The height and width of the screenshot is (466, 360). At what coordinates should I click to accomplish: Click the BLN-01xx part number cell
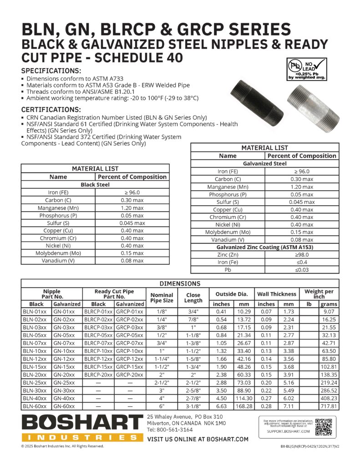(35, 312)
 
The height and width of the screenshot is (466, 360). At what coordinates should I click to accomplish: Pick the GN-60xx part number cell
(66, 406)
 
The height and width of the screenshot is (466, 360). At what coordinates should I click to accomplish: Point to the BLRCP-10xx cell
(98, 351)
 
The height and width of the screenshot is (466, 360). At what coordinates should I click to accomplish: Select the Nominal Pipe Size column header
(162, 298)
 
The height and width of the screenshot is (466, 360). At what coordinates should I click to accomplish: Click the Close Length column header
(193, 298)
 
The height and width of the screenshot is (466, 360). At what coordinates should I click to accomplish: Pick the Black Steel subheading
(95, 185)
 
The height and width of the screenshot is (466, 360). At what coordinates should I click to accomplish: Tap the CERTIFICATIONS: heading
(51, 110)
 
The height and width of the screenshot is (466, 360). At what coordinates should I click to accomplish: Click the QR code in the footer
(324, 426)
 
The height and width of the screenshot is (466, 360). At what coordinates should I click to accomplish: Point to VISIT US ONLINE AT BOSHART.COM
(198, 439)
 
